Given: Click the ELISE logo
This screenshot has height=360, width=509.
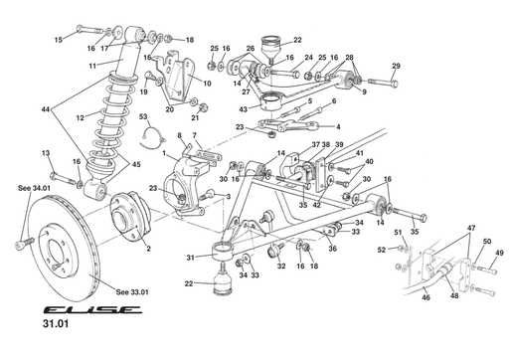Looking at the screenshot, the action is [x=92, y=310].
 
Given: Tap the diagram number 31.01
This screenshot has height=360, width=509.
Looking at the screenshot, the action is [x=56, y=324].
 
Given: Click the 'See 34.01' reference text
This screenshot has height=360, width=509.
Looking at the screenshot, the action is [x=34, y=188].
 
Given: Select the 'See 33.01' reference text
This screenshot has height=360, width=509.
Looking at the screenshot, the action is [x=132, y=292].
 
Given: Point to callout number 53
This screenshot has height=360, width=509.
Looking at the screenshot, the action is [x=143, y=117].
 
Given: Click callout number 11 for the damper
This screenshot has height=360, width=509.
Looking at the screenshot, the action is [x=92, y=66].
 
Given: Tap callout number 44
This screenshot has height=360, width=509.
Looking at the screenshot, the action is [x=46, y=109].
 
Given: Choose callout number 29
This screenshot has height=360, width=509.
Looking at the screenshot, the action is [x=397, y=66].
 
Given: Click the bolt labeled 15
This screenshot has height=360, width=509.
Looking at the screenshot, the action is [x=90, y=30].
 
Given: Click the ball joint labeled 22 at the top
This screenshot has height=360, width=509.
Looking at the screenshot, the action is [x=271, y=47].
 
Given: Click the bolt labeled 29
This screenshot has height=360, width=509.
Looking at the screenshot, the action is [x=383, y=82].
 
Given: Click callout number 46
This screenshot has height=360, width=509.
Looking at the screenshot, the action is [x=425, y=297].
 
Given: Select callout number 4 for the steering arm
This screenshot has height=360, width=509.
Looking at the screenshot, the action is [x=338, y=126].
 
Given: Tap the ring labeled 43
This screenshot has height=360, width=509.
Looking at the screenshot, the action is [x=271, y=101].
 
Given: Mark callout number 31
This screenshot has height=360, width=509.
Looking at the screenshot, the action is [x=190, y=258].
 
